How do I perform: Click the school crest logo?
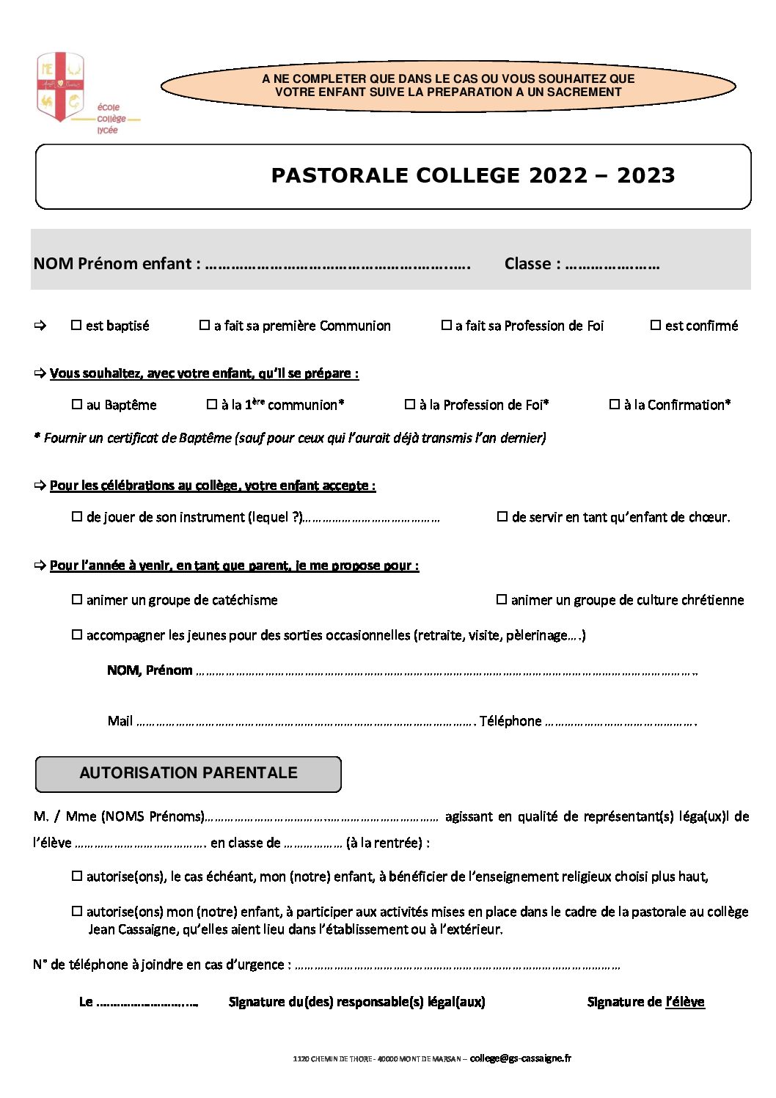pyautogui.click(x=60, y=87)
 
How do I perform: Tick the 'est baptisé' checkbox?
pyautogui.click(x=76, y=325)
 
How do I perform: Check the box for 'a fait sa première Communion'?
pyautogui.click(x=205, y=325)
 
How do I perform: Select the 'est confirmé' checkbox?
pyautogui.click(x=656, y=325)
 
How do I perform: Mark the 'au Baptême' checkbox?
pyautogui.click(x=77, y=404)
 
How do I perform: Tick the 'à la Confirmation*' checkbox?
pyautogui.click(x=615, y=404)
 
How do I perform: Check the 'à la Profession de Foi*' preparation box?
pyautogui.click(x=410, y=404)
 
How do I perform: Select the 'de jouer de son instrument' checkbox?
pyautogui.click(x=77, y=516)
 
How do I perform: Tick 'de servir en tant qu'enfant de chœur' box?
pyautogui.click(x=502, y=516)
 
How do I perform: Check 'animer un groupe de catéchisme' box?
pyautogui.click(x=77, y=599)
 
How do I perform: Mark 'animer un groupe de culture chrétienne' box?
pyautogui.click(x=502, y=599)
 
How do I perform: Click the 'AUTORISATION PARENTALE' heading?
pyautogui.click(x=188, y=773)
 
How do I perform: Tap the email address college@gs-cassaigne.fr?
pyautogui.click(x=520, y=1058)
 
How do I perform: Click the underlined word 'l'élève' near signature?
pyautogui.click(x=685, y=1002)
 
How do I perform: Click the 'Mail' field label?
pyautogui.click(x=120, y=721)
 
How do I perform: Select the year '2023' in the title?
pyautogui.click(x=645, y=176)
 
